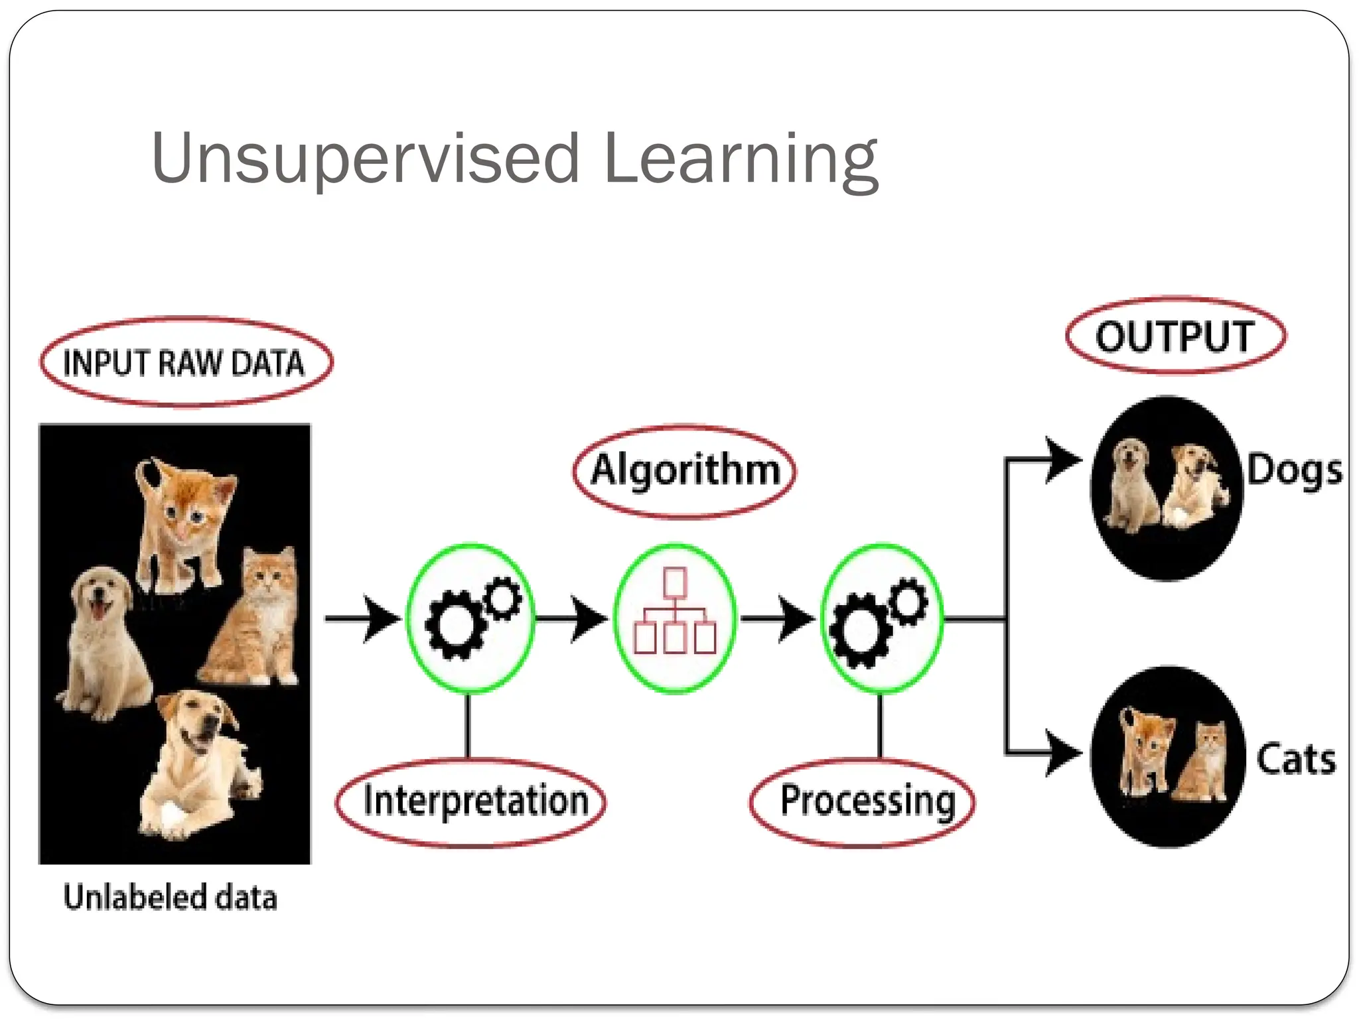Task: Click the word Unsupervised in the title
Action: [x=365, y=159]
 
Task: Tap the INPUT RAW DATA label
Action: [x=184, y=363]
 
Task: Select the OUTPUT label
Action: [x=1175, y=336]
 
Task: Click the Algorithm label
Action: [x=685, y=470]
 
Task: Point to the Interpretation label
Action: [x=475, y=801]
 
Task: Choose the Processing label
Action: [x=867, y=801]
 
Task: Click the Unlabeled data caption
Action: [x=170, y=898]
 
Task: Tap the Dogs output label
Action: [x=1294, y=471]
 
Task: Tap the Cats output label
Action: [x=1295, y=759]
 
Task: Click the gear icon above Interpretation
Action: [x=470, y=618]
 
